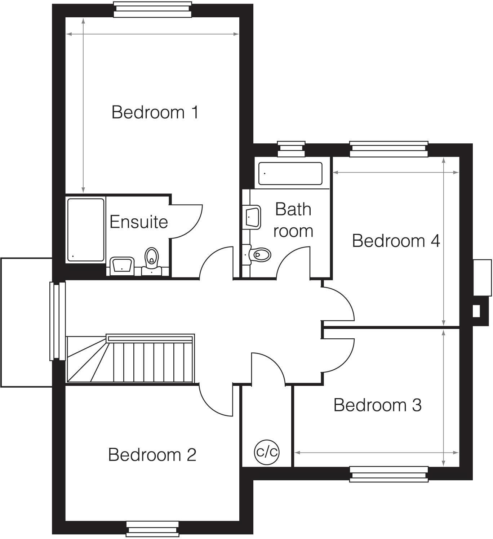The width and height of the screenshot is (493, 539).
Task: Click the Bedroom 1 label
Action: click(x=155, y=112)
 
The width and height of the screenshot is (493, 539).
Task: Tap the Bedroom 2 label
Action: click(x=152, y=455)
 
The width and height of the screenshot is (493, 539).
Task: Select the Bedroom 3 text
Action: click(x=377, y=405)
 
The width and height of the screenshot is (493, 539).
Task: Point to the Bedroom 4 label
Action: click(x=396, y=241)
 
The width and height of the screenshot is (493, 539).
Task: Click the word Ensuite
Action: click(x=138, y=222)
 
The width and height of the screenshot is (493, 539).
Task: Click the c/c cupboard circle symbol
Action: click(x=267, y=451)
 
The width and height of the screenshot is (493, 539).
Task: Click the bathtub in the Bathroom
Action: click(x=290, y=174)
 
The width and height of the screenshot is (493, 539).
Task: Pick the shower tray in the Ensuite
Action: click(x=86, y=230)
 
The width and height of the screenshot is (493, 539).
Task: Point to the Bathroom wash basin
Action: click(x=253, y=217)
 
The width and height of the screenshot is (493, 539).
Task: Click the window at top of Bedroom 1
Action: click(x=153, y=10)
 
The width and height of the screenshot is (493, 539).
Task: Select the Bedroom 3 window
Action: click(x=389, y=474)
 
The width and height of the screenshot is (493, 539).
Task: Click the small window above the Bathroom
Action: click(x=291, y=149)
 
